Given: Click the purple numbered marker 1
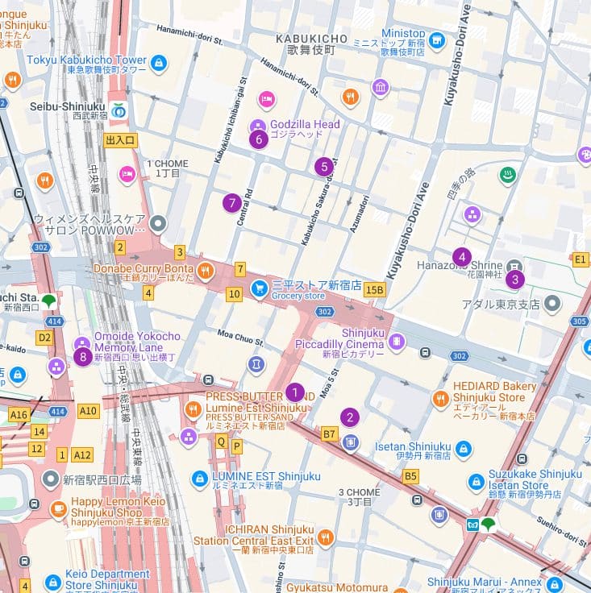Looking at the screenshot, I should pyautogui.click(x=295, y=392).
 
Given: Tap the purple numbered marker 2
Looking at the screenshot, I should pyautogui.click(x=349, y=417).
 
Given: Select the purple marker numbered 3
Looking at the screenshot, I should pyautogui.click(x=514, y=280).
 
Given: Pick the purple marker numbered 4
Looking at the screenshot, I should pyautogui.click(x=461, y=257).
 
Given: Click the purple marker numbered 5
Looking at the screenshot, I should pyautogui.click(x=323, y=167).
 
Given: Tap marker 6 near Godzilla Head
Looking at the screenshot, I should pyautogui.click(x=258, y=139).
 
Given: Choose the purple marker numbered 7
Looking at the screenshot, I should pyautogui.click(x=232, y=203).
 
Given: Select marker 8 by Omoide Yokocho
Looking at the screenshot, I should pyautogui.click(x=81, y=356).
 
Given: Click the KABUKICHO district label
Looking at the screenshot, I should pyautogui.click(x=311, y=39).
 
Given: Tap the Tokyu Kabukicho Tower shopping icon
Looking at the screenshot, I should pyautogui.click(x=158, y=61).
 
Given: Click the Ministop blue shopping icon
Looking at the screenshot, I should pyautogui.click(x=436, y=39).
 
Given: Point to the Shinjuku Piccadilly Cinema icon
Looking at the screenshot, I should pyautogui.click(x=396, y=342).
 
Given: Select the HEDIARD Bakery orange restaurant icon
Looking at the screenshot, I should pyautogui.click(x=440, y=398).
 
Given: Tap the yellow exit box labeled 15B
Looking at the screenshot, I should pyautogui.click(x=374, y=289).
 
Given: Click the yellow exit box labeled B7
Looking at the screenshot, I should pyautogui.click(x=329, y=434).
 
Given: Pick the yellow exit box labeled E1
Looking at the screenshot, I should pyautogui.click(x=580, y=259).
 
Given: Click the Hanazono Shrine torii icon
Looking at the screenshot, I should pyautogui.click(x=514, y=265).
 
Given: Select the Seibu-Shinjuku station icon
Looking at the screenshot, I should pyautogui.click(x=119, y=109).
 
